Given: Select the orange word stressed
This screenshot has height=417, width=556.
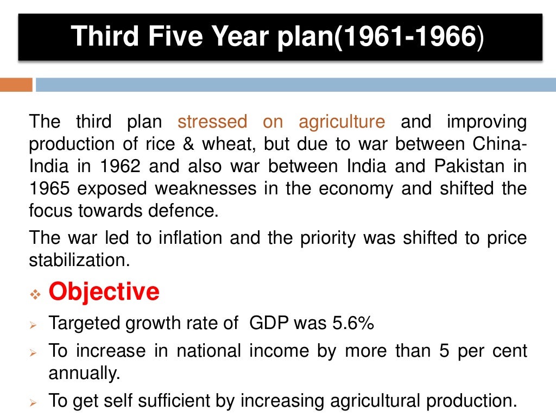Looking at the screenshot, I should [212, 122].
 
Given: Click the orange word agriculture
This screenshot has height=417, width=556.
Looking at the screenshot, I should [342, 122].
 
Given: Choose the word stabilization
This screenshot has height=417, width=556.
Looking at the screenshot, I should [79, 260].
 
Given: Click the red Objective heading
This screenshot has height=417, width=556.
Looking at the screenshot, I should [104, 292].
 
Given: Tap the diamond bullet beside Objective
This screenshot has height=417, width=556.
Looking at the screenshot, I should [35, 294].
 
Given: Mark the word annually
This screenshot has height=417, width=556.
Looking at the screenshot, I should [83, 374].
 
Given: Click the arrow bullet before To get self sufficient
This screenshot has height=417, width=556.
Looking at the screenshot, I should [34, 403].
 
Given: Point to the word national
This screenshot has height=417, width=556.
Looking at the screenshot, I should [208, 351].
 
